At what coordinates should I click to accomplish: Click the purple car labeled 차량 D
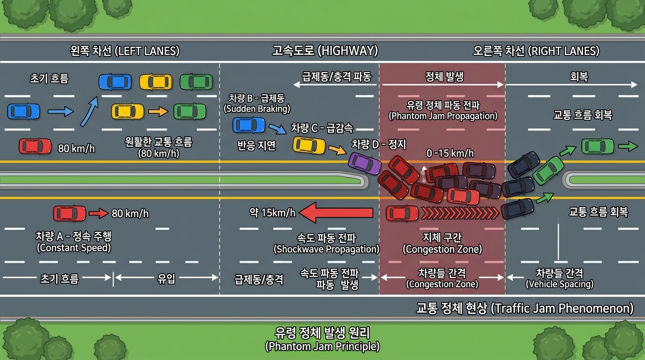pyautogui.click(x=365, y=163)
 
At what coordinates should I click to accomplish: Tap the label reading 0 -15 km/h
pyautogui.click(x=450, y=153)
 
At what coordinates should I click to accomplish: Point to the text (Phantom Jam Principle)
pyautogui.click(x=322, y=347)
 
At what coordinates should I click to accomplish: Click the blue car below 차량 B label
pyautogui.click(x=249, y=125)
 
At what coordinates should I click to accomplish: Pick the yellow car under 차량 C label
pyautogui.click(x=309, y=145)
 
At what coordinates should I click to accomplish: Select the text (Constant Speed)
pyautogui.click(x=74, y=248)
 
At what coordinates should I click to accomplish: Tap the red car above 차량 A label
pyautogui.click(x=70, y=214)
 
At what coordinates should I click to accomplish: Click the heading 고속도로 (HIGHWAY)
pyautogui.click(x=325, y=51)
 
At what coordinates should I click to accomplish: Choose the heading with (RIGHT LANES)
pyautogui.click(x=536, y=51)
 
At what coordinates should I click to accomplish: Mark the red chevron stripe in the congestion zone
pyautogui.click(x=459, y=214)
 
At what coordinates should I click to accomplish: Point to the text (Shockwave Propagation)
pyautogui.click(x=326, y=249)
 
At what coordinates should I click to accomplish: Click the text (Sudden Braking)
pyautogui.click(x=257, y=109)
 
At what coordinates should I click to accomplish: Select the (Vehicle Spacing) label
pyautogui.click(x=559, y=284)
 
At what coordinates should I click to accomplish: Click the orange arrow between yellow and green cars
pyautogui.click(x=158, y=112)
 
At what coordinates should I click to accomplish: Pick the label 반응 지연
pyautogui.click(x=256, y=146)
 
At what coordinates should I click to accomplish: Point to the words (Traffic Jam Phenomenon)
pyautogui.click(x=562, y=308)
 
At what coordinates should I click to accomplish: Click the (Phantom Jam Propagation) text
pyautogui.click(x=443, y=116)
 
